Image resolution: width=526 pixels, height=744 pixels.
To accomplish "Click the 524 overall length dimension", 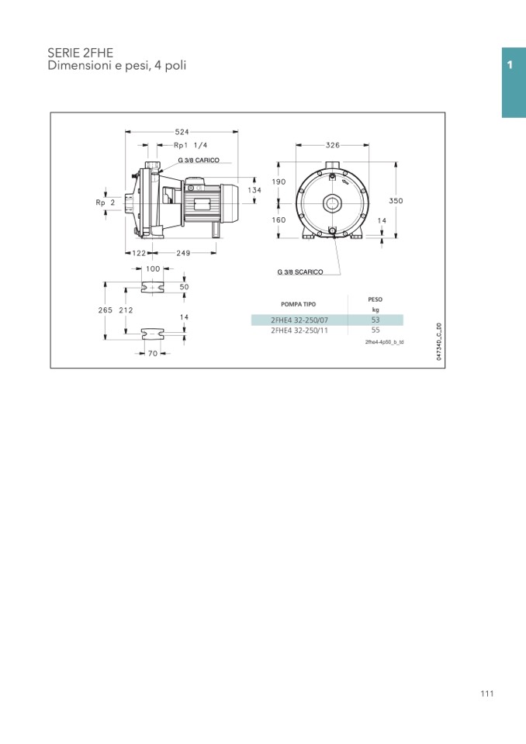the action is [182, 132].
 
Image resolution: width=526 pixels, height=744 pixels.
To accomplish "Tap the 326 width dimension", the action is [333, 145].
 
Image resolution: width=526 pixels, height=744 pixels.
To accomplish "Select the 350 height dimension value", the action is [396, 201].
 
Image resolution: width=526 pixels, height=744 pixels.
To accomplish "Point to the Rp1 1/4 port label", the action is [190, 145].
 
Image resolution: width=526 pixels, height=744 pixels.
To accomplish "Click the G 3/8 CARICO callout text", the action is [199, 161].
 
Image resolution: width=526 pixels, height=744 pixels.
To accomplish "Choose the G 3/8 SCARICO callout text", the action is [300, 272].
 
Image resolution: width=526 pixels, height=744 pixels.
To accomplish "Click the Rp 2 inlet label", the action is [106, 202].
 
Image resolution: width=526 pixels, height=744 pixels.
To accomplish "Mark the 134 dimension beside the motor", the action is [254, 190].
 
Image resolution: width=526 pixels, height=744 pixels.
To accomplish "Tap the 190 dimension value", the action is [279, 182].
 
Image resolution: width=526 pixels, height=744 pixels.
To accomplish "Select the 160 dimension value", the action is [279, 220].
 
